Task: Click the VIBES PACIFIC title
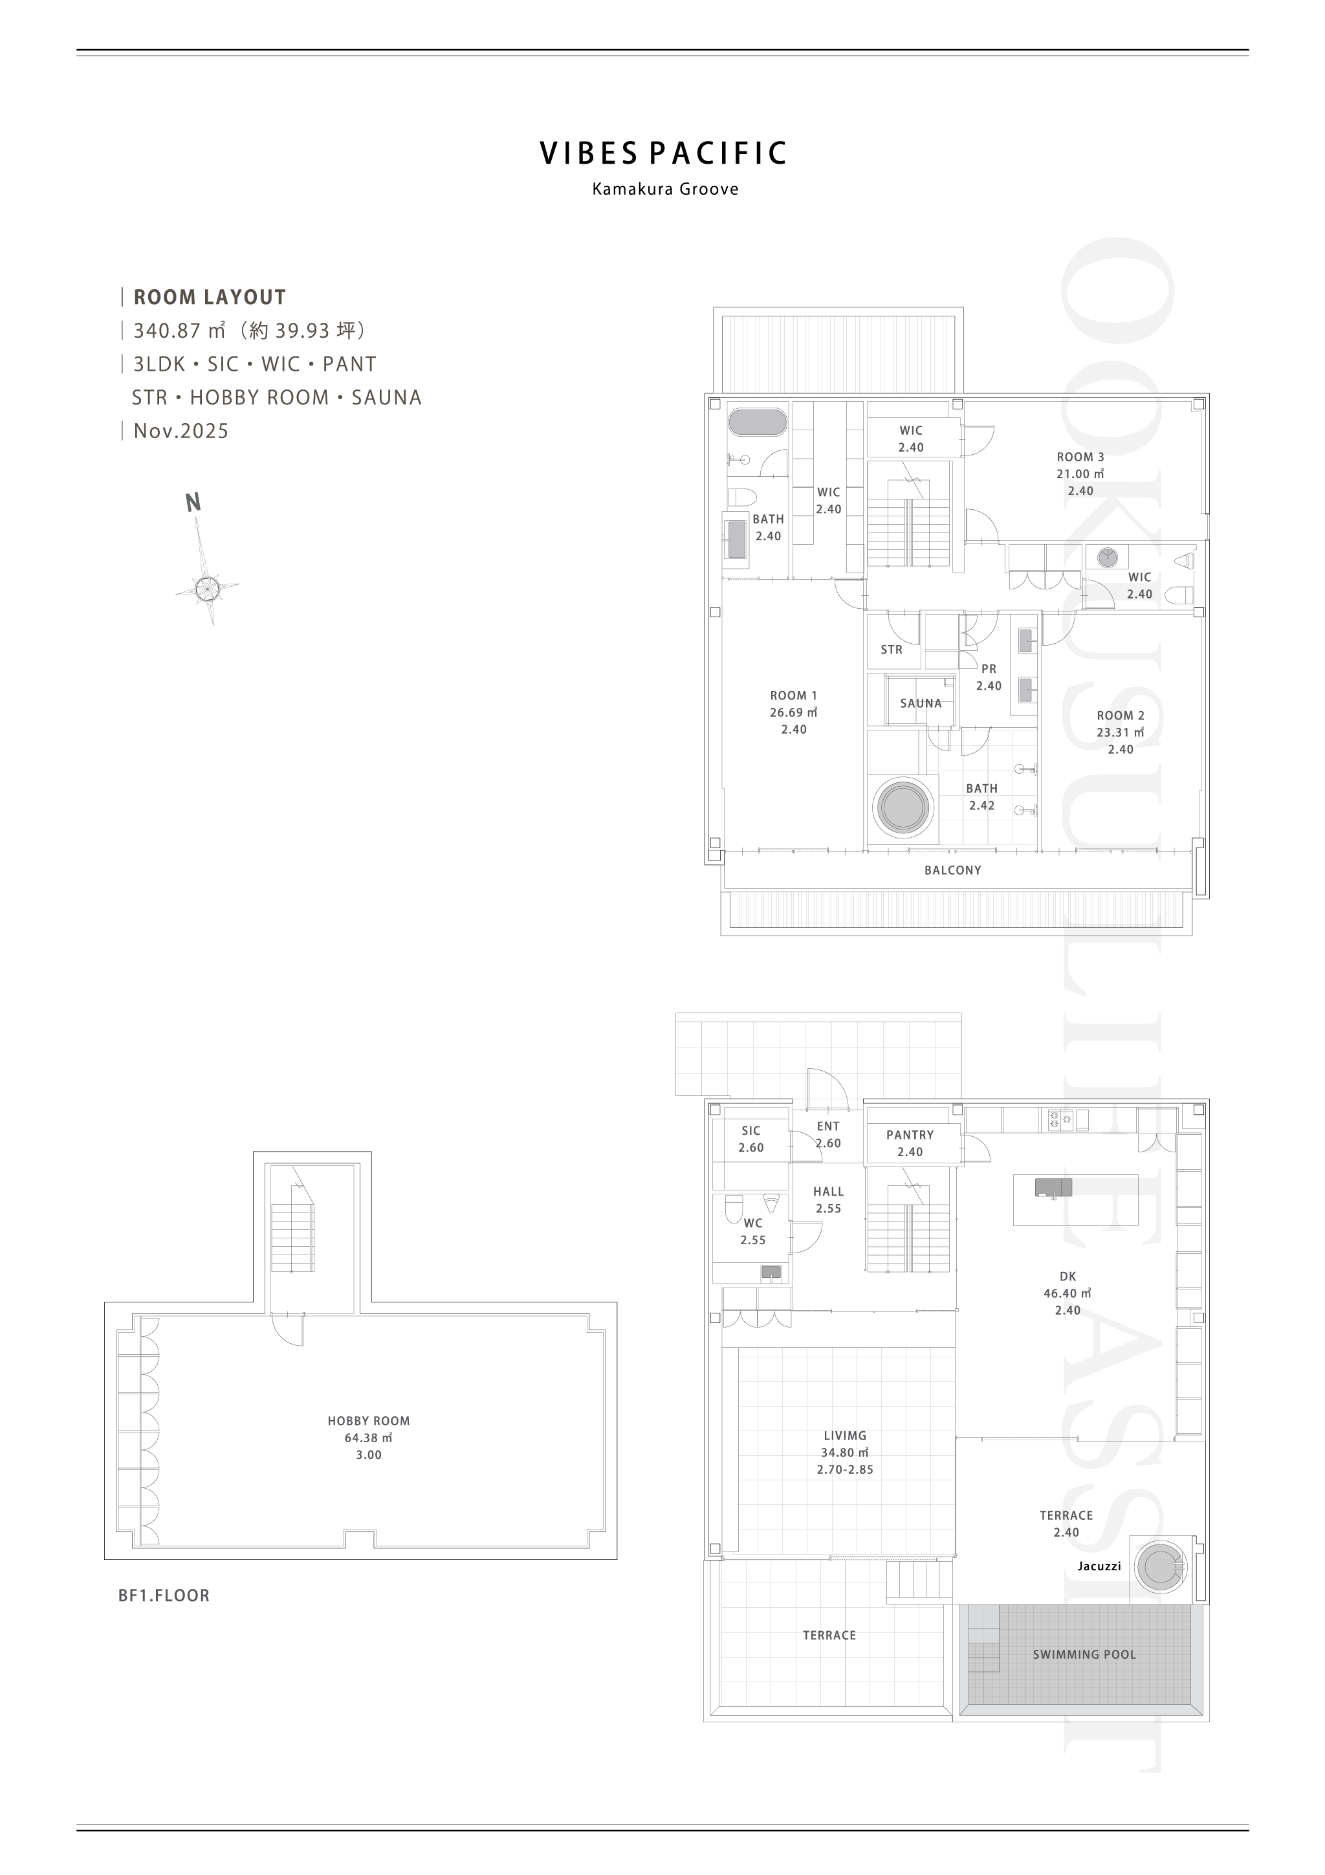tap(664, 153)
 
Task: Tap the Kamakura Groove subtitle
tap(665, 189)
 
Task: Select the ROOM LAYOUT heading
tap(210, 297)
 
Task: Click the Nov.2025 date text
tap(181, 431)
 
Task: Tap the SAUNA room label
tap(921, 703)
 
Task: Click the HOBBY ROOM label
tap(369, 1421)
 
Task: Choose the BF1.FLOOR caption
tap(164, 1595)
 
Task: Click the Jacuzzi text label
tap(1099, 1566)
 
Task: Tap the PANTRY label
tap(910, 1134)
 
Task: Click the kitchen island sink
tap(1054, 1187)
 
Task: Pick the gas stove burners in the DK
tap(1060, 1119)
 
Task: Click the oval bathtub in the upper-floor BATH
tap(758, 422)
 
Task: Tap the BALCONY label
tap(953, 871)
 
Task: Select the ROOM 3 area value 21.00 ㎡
tap(1080, 474)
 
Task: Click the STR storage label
tap(892, 650)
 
